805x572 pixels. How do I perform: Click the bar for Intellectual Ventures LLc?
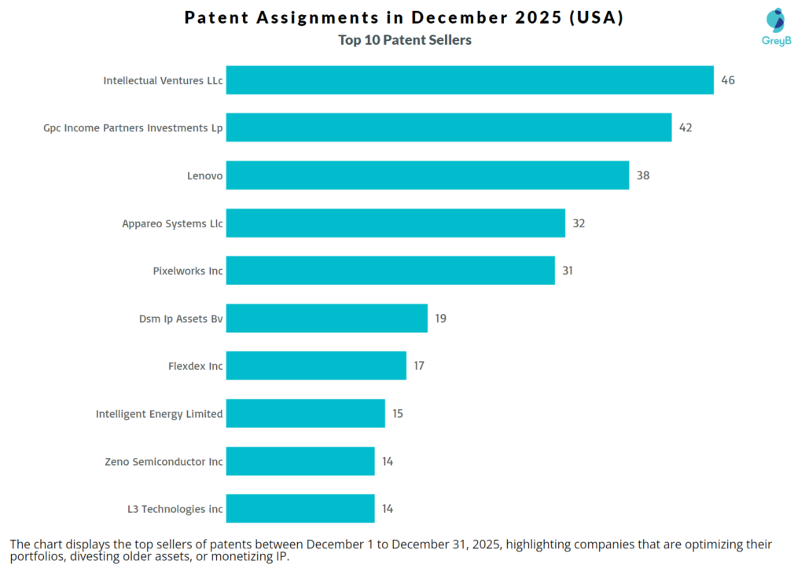point(469,80)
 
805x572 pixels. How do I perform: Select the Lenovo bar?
point(428,175)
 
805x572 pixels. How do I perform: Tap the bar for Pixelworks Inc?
point(391,271)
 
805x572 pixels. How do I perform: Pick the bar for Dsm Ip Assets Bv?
point(327,319)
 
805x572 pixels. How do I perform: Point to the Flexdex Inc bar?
point(316,366)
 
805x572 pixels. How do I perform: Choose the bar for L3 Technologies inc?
point(300,509)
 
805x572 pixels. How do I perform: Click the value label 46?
point(728,80)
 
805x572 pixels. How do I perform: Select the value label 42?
point(686,127)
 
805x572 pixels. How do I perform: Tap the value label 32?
point(579,223)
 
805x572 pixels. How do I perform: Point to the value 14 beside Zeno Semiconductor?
point(388,462)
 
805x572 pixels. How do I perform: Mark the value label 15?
point(398,414)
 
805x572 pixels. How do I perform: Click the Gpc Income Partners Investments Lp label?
point(133,127)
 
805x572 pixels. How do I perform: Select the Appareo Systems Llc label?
point(172,223)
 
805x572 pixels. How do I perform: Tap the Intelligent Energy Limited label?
point(159,414)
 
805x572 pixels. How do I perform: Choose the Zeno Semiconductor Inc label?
point(164,462)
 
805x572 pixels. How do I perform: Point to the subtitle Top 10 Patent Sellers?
point(405,40)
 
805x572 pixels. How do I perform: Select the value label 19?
point(441,319)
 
